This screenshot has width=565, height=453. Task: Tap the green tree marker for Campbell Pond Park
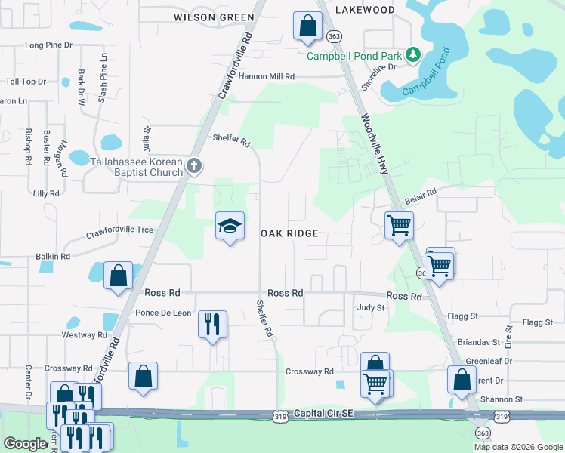coord(412,54)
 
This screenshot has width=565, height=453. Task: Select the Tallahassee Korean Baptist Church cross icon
coord(194,166)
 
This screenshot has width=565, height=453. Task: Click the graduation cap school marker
coord(230,226)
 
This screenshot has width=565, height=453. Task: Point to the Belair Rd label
coord(421,196)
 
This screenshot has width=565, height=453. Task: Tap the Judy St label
coord(371,308)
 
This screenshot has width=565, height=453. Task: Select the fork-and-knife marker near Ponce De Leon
coord(212,325)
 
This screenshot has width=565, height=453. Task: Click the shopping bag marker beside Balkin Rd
coord(119,275)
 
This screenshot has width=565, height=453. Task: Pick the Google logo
coord(26,444)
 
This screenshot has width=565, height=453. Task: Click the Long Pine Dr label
coord(48,45)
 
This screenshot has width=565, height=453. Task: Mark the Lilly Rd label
coord(46,194)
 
